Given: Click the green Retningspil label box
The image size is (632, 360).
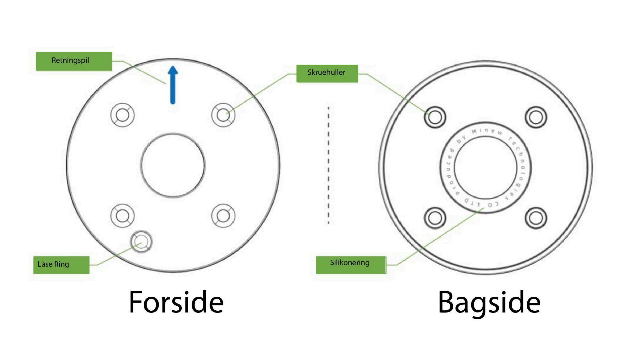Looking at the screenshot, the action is click(x=74, y=61).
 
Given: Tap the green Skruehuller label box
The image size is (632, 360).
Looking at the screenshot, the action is click(x=327, y=73).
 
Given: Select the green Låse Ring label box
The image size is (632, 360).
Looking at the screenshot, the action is click(x=61, y=265).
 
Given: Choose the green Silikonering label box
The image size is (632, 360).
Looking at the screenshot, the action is click(x=351, y=264).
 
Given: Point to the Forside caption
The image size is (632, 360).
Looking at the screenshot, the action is click(x=176, y=302).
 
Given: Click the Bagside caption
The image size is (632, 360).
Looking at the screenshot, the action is click(x=489, y=302).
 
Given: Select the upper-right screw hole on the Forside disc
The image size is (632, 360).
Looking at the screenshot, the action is click(x=223, y=115).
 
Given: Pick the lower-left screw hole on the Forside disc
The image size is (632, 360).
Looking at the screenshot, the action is click(x=123, y=216).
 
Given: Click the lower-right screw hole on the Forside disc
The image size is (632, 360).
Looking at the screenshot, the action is click(x=223, y=216).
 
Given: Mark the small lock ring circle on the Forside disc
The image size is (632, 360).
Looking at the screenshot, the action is click(x=141, y=241).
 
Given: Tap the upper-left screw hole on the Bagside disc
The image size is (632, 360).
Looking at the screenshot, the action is click(x=435, y=117).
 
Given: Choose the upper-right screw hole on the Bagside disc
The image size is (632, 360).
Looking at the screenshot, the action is click(x=536, y=117).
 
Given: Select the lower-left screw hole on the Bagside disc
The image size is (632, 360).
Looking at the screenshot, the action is click(x=435, y=218).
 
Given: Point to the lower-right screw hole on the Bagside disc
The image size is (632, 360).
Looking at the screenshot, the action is click(x=536, y=218).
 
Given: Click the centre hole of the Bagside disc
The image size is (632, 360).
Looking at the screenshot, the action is click(x=485, y=168).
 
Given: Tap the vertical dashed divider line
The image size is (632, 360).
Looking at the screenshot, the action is click(x=328, y=165).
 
